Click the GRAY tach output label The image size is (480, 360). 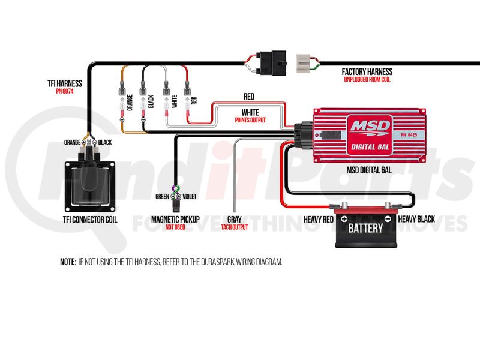(234, 220)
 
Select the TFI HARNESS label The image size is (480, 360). (64, 83)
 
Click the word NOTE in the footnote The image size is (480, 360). (67, 262)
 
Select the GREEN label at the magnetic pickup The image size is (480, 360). (162, 196)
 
